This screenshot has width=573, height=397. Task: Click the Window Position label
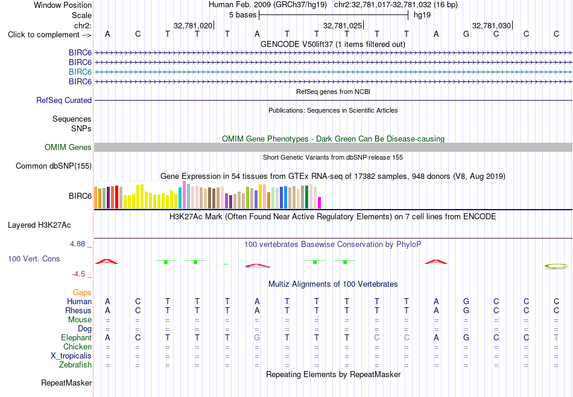click(63, 5)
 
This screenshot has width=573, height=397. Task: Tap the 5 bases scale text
click(242, 15)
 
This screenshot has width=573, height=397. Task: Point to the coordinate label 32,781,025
click(343, 25)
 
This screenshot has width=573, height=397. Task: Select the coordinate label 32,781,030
click(492, 25)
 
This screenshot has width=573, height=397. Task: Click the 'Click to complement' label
click(49, 35)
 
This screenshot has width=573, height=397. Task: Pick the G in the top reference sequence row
click(466, 34)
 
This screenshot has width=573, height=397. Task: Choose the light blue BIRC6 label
click(80, 72)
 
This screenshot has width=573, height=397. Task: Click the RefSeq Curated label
click(64, 101)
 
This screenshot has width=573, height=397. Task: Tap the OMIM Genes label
click(68, 147)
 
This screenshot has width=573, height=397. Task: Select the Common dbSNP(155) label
click(54, 166)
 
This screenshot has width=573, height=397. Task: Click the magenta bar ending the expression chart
click(320, 203)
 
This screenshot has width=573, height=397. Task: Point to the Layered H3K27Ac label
click(39, 225)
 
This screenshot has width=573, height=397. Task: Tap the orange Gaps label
click(82, 292)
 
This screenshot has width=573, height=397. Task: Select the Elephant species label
click(77, 337)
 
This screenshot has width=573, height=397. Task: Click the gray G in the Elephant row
click(257, 337)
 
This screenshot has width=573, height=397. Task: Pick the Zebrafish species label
click(75, 364)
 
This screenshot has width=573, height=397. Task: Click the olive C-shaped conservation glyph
click(556, 266)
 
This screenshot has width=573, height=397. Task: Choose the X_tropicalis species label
click(71, 356)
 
